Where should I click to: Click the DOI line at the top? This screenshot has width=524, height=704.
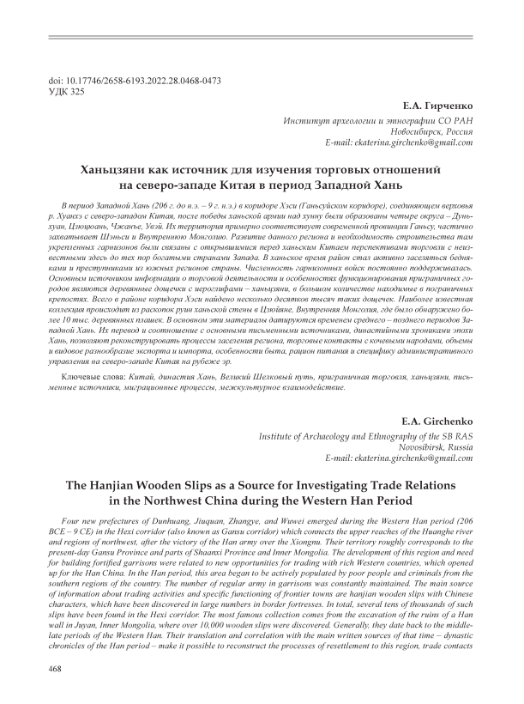(x=137, y=80)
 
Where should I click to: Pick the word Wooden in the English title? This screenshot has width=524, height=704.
(x=172, y=487)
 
